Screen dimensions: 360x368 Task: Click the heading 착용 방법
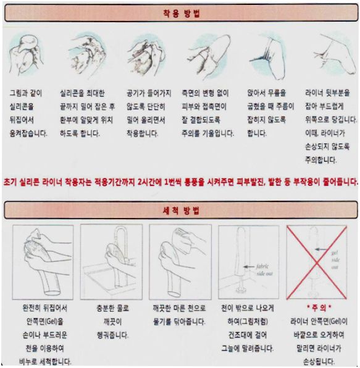182,14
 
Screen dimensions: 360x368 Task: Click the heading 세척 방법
182,211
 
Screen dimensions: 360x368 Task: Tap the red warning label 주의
319,307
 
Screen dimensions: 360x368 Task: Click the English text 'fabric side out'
264,270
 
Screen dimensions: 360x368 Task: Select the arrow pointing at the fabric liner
249,267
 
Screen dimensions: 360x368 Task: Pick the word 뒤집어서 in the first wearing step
22,120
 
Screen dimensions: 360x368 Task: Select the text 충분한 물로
112,308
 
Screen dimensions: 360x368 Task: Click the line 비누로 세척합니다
45,361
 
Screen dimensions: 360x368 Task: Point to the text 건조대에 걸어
248,335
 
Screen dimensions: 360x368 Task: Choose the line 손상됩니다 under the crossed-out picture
319,361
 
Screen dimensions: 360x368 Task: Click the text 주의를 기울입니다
208,133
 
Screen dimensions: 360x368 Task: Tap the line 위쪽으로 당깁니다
331,120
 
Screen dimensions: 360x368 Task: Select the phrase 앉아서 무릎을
267,93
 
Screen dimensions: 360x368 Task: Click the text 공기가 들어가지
149,93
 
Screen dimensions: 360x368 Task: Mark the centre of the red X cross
317,262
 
